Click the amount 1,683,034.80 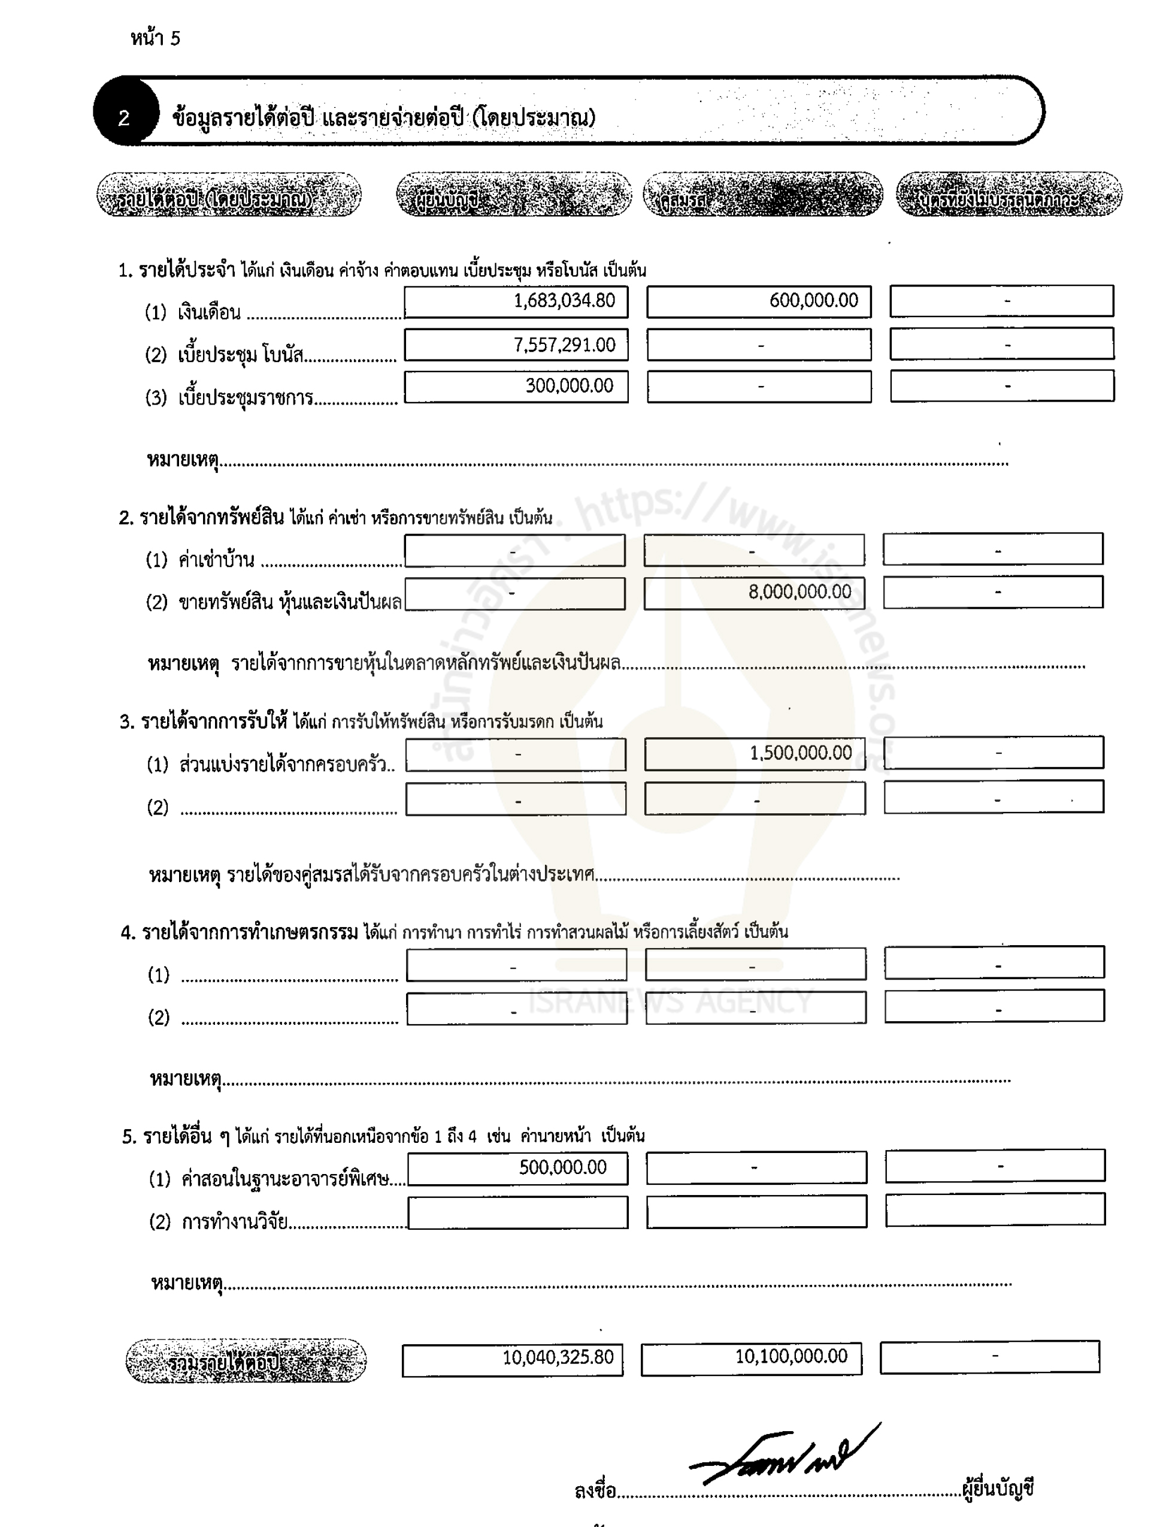tap(564, 301)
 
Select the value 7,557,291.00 tap(564, 345)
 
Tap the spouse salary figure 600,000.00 tap(813, 301)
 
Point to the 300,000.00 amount tap(569, 386)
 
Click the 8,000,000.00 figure tap(799, 592)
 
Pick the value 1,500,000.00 tap(800, 753)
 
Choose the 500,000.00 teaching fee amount tap(563, 1167)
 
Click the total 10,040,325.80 tap(558, 1357)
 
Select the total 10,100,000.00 tap(791, 1356)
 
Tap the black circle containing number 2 tap(124, 117)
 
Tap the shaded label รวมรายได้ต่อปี tap(246, 1361)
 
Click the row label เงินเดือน tap(209, 312)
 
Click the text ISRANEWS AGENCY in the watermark tap(670, 1001)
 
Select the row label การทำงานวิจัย tap(235, 1222)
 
